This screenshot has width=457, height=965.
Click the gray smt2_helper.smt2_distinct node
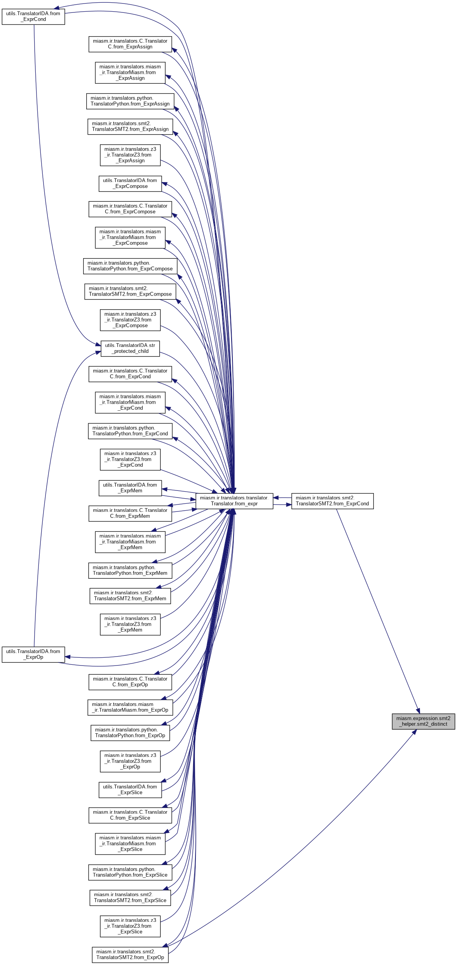pyautogui.click(x=423, y=721)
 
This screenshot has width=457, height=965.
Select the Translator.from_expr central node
pyautogui.click(x=234, y=501)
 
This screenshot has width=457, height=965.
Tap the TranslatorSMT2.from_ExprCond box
pyautogui.click(x=332, y=501)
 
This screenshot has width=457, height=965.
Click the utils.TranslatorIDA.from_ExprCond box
pyautogui.click(x=33, y=16)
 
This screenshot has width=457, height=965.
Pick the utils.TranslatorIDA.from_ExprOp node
pyautogui.click(x=33, y=654)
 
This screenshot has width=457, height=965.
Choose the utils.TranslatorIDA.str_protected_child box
pyautogui.click(x=130, y=348)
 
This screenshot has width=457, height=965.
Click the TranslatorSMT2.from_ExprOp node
pyautogui.click(x=130, y=954)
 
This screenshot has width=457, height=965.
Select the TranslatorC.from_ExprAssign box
pyautogui.click(x=130, y=44)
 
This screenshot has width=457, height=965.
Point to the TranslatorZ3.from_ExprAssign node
pyautogui.click(x=130, y=155)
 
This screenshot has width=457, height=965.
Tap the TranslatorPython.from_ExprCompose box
pyautogui.click(x=130, y=266)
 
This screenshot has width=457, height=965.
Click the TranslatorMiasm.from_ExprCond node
pyautogui.click(x=130, y=402)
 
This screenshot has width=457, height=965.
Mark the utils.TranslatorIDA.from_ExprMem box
pyautogui.click(x=130, y=488)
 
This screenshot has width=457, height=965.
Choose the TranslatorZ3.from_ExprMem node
pyautogui.click(x=130, y=624)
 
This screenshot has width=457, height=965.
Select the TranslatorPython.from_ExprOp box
pyautogui.click(x=130, y=732)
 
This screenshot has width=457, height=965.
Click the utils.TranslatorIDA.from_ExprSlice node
pyautogui.click(x=130, y=789)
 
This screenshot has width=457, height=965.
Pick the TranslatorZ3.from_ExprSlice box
pyautogui.click(x=130, y=926)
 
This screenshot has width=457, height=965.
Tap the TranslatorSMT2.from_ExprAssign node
pyautogui.click(x=130, y=126)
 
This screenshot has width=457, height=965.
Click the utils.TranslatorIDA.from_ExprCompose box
pyautogui.click(x=130, y=183)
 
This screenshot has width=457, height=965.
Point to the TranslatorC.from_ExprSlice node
pyautogui.click(x=130, y=815)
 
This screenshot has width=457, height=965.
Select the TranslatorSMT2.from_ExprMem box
pyautogui.click(x=130, y=595)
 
